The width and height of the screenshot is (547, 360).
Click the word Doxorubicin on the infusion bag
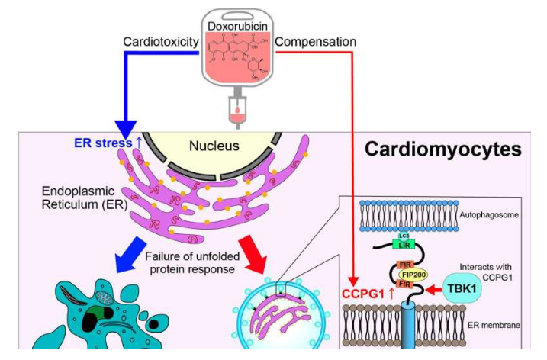tap(238, 26)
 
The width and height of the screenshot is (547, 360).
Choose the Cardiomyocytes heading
tap(442, 149)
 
